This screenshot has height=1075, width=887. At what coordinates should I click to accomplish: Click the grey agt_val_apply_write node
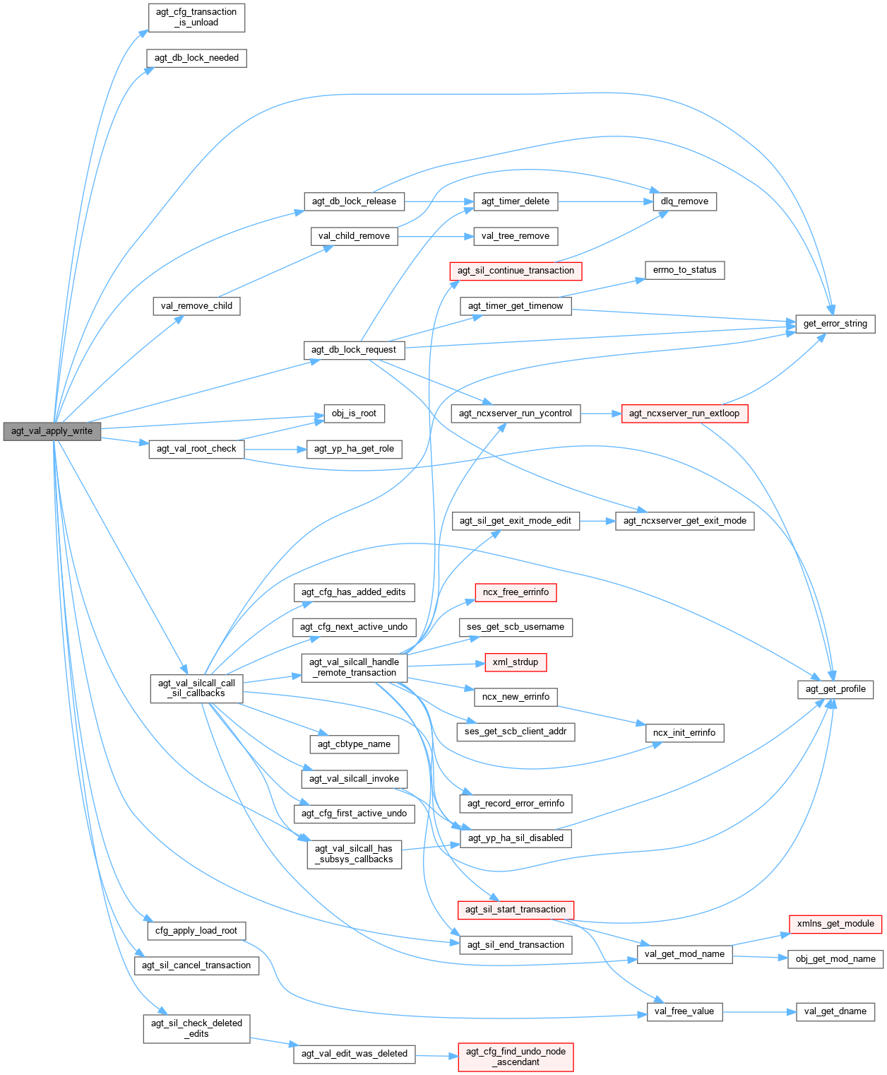[x=52, y=431]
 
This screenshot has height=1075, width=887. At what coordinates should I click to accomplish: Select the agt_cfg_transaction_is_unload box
[x=196, y=17]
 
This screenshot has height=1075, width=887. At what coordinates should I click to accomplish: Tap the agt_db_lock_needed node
[x=196, y=58]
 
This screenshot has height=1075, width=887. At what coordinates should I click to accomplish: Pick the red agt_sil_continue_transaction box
[x=516, y=271]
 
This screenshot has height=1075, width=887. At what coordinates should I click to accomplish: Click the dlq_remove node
[x=684, y=201]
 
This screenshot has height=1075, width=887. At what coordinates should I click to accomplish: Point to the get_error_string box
[x=835, y=324]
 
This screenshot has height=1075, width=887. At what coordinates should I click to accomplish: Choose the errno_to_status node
[x=684, y=270]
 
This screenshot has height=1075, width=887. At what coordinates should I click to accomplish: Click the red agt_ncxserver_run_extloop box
[x=684, y=413]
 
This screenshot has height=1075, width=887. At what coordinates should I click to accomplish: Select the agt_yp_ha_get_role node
[x=354, y=449]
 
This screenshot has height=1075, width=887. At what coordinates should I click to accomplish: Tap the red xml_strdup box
[x=516, y=662]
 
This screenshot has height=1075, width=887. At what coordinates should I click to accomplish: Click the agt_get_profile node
[x=835, y=689]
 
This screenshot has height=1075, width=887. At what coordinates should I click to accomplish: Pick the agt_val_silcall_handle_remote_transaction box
[x=355, y=667]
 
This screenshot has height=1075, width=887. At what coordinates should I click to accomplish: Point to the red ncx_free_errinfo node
[x=516, y=592]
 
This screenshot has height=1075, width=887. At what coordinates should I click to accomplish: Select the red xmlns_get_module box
[x=835, y=923]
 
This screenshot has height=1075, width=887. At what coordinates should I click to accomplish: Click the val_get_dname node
[x=835, y=1011]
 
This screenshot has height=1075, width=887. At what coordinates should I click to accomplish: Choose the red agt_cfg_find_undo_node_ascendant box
[x=516, y=1057]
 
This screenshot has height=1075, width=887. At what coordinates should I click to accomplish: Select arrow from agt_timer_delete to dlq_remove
[x=604, y=201]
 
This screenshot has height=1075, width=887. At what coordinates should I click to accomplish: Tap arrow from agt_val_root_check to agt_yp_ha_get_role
[x=275, y=449]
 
